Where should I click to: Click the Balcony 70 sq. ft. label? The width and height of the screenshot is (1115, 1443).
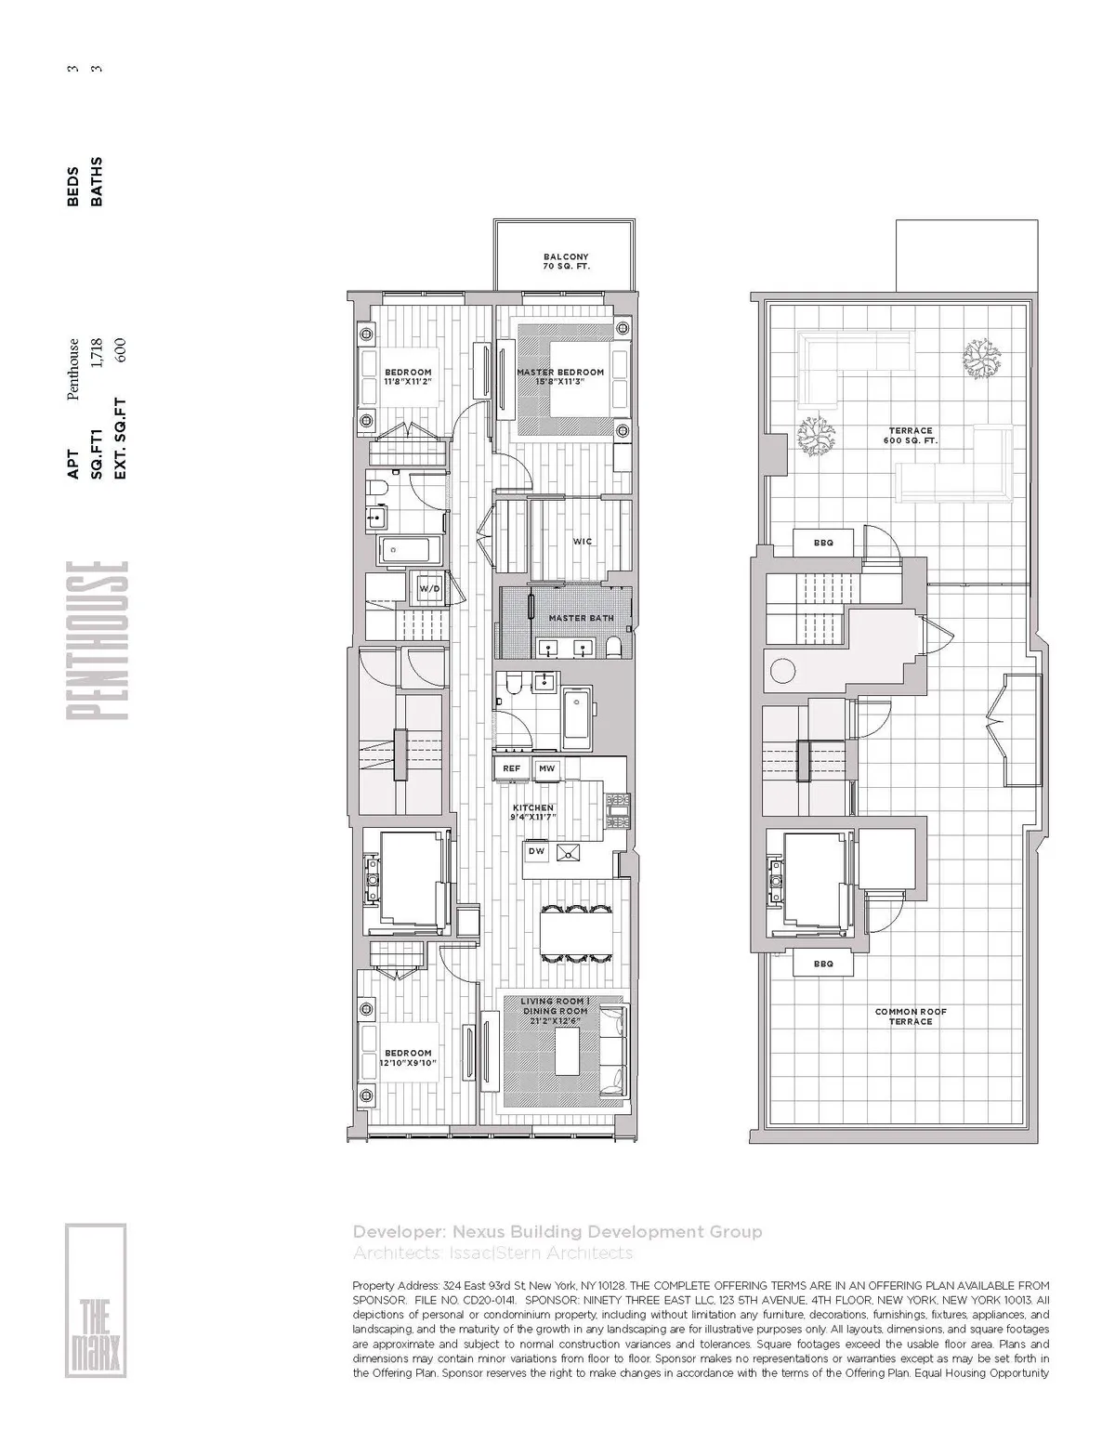[565, 261]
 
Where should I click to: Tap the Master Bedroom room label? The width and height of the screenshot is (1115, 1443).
[559, 376]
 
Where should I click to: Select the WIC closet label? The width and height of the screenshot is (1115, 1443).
[583, 541]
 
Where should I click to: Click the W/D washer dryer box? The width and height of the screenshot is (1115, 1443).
[428, 589]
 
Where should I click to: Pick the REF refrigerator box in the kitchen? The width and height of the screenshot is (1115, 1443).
[512, 768]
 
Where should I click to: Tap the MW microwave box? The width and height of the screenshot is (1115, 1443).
[547, 768]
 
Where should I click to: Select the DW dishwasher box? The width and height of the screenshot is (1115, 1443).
[536, 850]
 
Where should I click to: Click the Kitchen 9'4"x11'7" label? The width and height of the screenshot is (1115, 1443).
[533, 813]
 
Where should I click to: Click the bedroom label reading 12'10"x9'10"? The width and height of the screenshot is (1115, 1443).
[408, 1057]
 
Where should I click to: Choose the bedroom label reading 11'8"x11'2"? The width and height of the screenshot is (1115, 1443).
[408, 376]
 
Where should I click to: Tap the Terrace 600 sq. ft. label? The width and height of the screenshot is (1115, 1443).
[910, 435]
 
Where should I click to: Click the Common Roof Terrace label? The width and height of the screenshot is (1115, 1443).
[910, 1017]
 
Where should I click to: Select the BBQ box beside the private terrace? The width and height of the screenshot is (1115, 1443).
[823, 543]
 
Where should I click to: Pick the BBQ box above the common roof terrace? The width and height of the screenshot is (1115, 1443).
[823, 964]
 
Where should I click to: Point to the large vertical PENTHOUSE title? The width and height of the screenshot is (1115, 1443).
[96, 639]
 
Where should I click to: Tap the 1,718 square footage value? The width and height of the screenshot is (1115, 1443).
[97, 353]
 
